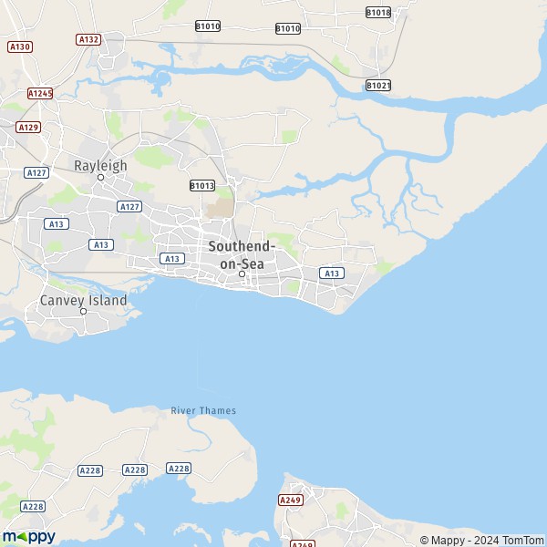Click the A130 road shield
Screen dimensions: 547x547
(17, 46)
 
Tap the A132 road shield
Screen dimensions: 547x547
(88, 39)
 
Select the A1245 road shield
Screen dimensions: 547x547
(40, 93)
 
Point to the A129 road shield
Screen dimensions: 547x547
(29, 127)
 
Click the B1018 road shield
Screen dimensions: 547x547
(377, 12)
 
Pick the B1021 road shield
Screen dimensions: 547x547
(378, 85)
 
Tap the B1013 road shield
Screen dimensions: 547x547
(202, 185)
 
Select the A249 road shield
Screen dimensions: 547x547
(291, 500)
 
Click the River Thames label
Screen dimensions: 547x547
(203, 410)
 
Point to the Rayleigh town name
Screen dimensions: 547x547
(100, 165)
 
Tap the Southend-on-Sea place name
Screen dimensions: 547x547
(242, 254)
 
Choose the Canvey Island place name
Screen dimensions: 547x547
(83, 300)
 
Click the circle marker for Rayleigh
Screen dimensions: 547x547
(101, 177)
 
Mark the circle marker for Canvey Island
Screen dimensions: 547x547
(83, 311)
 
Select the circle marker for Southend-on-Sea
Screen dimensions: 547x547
(242, 273)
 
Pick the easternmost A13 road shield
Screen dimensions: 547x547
(331, 273)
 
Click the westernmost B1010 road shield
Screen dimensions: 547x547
(208, 26)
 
